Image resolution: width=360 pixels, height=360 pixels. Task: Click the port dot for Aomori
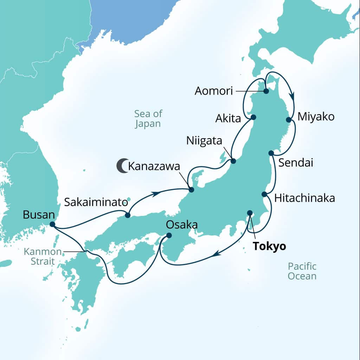pyautogui.click(x=266, y=91)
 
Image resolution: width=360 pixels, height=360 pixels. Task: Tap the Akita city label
pyautogui.click(x=229, y=118)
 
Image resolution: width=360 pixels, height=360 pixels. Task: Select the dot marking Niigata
pyautogui.click(x=233, y=161)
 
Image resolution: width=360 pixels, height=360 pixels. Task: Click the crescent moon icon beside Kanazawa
pyautogui.click(x=122, y=166)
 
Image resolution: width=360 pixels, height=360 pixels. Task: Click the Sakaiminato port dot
pyautogui.click(x=128, y=215)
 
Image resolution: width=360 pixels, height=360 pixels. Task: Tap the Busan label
pyautogui.click(x=38, y=214)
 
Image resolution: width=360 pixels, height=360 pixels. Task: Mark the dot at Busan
pyautogui.click(x=52, y=224)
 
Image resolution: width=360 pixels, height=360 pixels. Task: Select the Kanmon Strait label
pyautogui.click(x=39, y=256)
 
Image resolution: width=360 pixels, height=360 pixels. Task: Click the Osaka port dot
pyautogui.click(x=169, y=236)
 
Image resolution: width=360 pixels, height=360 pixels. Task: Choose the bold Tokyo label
pyautogui.click(x=269, y=246)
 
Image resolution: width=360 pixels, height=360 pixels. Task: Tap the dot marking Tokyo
pyautogui.click(x=250, y=213)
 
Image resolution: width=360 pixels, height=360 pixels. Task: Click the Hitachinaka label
pyautogui.click(x=304, y=198)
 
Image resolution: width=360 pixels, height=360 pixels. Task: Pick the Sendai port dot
pyautogui.click(x=271, y=153)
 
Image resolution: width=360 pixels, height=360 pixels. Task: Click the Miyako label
pyautogui.click(x=316, y=117)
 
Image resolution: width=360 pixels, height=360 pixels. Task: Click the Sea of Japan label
pyautogui.click(x=148, y=118)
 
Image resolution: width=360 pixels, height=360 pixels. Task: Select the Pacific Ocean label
pyautogui.click(x=302, y=271)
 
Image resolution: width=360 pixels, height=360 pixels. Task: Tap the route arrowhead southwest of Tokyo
pyautogui.click(x=218, y=252)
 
